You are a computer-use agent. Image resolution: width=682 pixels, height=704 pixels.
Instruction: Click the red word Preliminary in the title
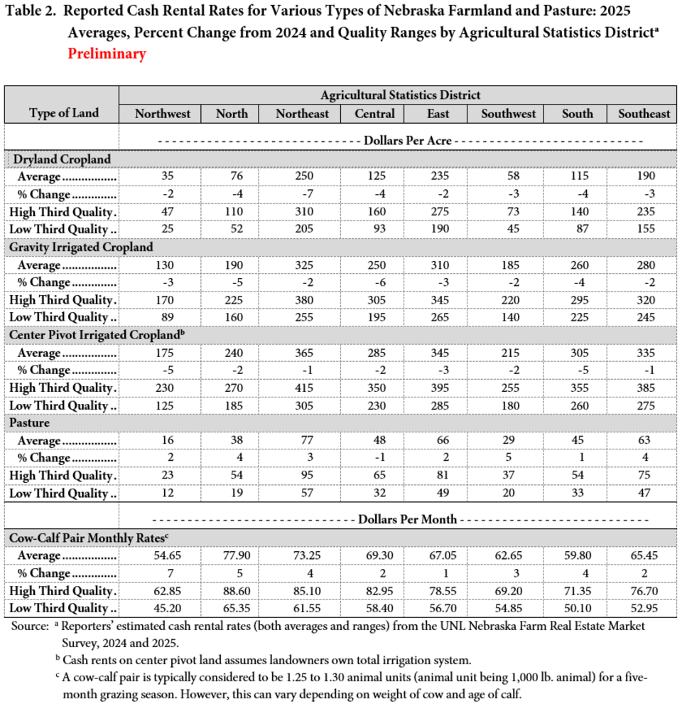pyautogui.click(x=107, y=54)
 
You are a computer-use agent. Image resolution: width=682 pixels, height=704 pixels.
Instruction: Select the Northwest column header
pyautogui.click(x=163, y=114)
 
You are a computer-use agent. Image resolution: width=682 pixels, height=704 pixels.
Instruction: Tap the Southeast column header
pyautogui.click(x=644, y=114)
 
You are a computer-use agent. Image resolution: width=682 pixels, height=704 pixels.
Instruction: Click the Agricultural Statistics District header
pyautogui.click(x=400, y=95)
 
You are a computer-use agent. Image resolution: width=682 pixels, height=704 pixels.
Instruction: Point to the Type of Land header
pyautogui.click(x=63, y=113)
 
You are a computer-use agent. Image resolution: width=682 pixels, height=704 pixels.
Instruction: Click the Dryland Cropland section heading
pyautogui.click(x=60, y=159)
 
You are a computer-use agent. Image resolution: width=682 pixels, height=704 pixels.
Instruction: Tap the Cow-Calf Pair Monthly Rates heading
pyautogui.click(x=92, y=538)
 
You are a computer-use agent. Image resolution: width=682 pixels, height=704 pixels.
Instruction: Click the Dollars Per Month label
pyautogui.click(x=400, y=520)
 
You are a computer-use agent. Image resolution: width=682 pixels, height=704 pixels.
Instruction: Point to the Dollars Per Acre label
pyautogui.click(x=400, y=141)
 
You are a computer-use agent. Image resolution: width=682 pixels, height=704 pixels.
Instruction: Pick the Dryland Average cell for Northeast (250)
pyautogui.click(x=302, y=176)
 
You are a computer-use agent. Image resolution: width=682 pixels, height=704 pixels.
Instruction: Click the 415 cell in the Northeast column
pyautogui.click(x=302, y=388)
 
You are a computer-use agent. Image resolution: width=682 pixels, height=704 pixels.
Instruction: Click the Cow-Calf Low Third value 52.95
pyautogui.click(x=644, y=608)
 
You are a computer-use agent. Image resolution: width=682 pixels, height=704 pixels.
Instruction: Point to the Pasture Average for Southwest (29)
pyautogui.click(x=508, y=441)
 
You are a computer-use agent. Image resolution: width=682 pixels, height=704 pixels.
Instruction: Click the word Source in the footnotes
pyautogui.click(x=28, y=626)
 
